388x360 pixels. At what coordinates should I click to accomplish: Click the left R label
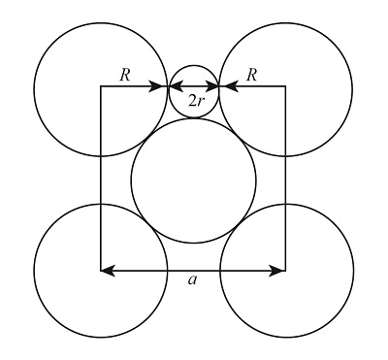[x=124, y=74]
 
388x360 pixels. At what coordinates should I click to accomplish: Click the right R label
[x=252, y=74]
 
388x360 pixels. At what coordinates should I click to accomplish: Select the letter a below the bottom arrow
[x=193, y=280]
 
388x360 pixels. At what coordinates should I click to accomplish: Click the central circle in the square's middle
[x=194, y=180]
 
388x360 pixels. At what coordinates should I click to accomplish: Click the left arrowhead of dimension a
[x=108, y=270]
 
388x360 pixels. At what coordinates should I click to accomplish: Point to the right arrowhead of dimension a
[x=279, y=270]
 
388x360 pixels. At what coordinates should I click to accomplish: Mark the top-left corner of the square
[x=101, y=87]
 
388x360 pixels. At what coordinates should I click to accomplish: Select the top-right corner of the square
[x=285, y=87]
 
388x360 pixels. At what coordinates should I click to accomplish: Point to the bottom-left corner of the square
[x=101, y=270]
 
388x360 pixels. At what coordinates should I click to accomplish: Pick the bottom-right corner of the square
[x=285, y=270]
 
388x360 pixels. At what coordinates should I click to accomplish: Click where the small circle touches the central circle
[x=194, y=117]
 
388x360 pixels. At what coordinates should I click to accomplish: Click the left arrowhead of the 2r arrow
[x=174, y=87]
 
